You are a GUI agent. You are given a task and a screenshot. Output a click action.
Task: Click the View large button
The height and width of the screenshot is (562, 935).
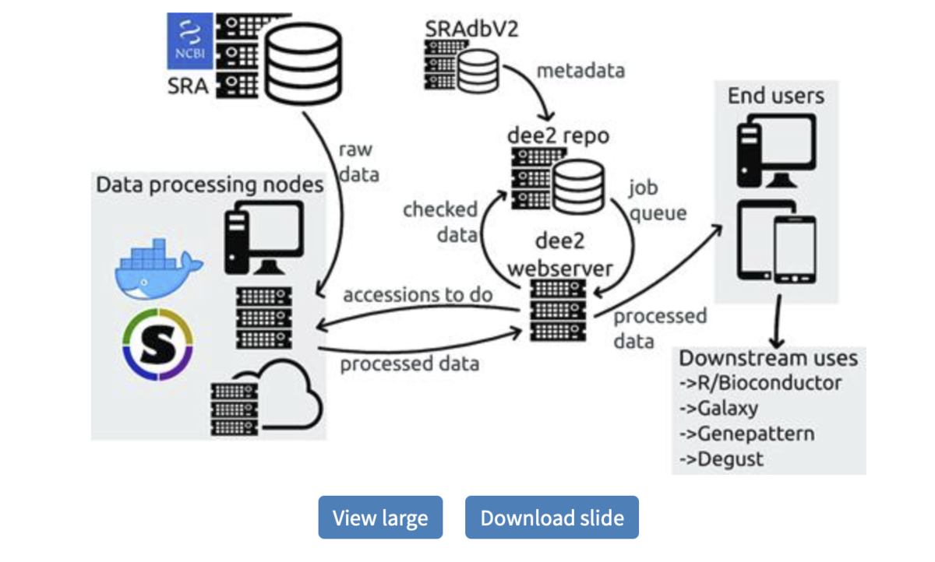coord(380,518)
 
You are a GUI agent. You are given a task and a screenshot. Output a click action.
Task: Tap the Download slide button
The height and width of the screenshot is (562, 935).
coord(552,518)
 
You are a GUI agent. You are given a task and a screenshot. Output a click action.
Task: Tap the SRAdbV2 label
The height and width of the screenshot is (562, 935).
coord(472,29)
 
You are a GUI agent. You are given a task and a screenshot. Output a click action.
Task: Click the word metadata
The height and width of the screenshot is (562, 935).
coord(580,70)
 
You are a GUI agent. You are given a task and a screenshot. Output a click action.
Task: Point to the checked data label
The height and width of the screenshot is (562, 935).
coord(440,221)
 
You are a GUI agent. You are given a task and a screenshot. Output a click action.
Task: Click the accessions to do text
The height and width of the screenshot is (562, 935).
coord(418,295)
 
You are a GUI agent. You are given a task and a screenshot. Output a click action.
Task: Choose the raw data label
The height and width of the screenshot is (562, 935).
coord(358,162)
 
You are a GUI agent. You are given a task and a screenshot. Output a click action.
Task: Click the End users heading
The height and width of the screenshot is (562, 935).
coord(775,96)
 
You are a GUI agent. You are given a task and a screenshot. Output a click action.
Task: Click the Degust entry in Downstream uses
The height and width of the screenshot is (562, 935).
coord(722,458)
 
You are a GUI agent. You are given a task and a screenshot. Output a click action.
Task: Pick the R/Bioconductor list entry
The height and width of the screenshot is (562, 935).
coord(760,383)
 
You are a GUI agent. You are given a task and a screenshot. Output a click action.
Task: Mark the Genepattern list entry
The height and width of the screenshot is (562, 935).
coord(746,434)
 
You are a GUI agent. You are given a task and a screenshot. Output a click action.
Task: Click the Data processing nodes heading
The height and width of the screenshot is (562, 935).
coord(210,184)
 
